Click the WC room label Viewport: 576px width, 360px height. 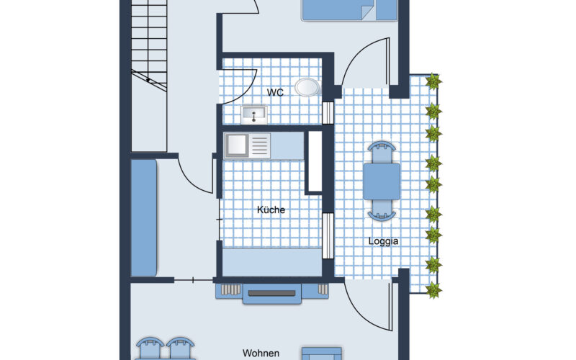point(274,92)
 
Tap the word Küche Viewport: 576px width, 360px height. point(271,210)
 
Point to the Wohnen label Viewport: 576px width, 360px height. point(260,354)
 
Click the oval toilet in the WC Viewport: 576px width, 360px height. point(309,87)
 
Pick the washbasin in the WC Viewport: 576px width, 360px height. point(253,114)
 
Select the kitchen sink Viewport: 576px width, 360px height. point(246,145)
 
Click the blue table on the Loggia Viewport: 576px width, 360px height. point(382,181)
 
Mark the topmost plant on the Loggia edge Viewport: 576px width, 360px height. point(433,82)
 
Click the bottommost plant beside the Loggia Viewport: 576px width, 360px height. point(433,290)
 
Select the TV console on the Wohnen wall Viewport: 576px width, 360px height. point(271,293)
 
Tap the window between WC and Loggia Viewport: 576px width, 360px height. point(329,113)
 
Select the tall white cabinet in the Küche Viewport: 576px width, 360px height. point(314,161)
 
